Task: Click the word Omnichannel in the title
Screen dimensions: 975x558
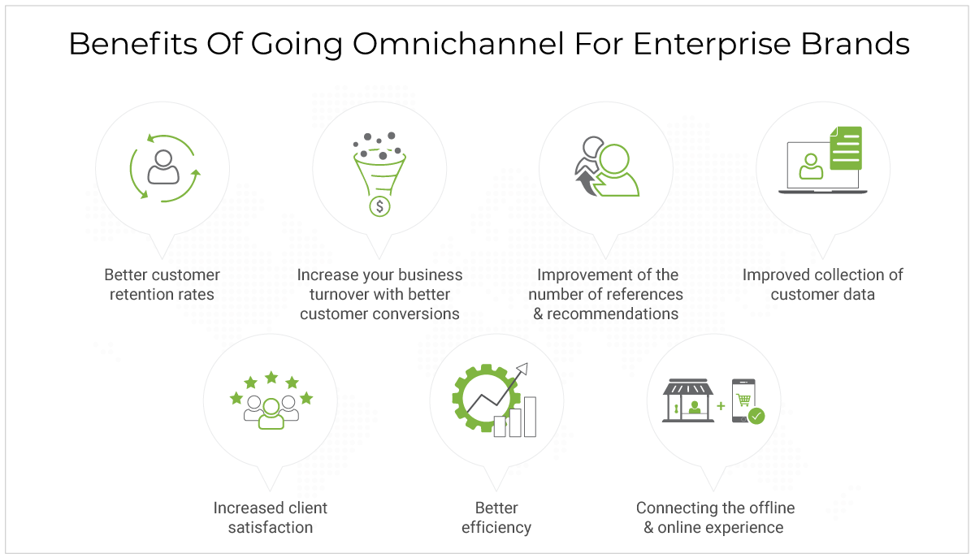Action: click(x=458, y=44)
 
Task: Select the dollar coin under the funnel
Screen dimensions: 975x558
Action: click(x=379, y=206)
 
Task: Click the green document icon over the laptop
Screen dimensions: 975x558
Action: click(x=846, y=148)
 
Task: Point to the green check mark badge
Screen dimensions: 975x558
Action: click(x=756, y=416)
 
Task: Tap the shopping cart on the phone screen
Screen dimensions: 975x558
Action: click(x=743, y=400)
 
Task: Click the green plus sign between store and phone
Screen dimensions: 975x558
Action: click(x=721, y=405)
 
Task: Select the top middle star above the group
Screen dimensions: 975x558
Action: click(x=271, y=377)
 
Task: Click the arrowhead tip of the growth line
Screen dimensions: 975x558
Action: click(x=527, y=363)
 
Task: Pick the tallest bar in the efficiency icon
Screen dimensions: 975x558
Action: click(x=530, y=417)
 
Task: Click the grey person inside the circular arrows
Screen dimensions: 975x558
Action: click(x=163, y=167)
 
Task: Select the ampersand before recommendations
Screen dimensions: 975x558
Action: click(x=538, y=314)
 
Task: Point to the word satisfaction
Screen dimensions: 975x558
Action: click(x=271, y=527)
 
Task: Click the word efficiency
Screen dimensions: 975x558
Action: click(x=496, y=527)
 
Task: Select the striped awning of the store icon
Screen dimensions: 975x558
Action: click(x=688, y=387)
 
